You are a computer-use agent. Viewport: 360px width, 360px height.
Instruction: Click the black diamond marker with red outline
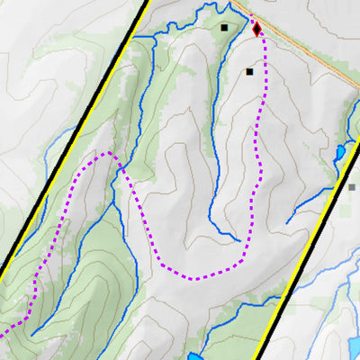[x=257, y=29]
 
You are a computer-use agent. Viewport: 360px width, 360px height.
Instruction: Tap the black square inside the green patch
[x=224, y=28]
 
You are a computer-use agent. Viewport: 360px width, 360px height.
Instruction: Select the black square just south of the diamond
[x=250, y=71]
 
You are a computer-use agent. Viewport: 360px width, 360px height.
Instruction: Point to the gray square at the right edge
[x=353, y=187]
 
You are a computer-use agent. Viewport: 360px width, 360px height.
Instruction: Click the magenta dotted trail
[x=144, y=225]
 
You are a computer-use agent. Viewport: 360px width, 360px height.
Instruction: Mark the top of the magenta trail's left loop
[x=108, y=154]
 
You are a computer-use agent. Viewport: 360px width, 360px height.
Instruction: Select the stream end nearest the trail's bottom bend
[x=246, y=240]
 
